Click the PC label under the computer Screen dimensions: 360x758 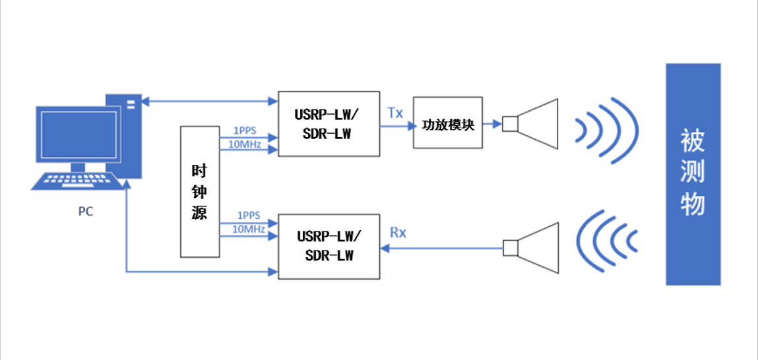pyautogui.click(x=85, y=212)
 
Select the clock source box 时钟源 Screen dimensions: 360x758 pyautogui.click(x=199, y=191)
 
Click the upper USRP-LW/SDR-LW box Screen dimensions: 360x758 pyautogui.click(x=329, y=124)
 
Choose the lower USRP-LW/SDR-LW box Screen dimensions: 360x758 pyautogui.click(x=329, y=246)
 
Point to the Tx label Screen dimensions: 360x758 pyautogui.click(x=395, y=113)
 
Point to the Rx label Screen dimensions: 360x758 pyautogui.click(x=398, y=233)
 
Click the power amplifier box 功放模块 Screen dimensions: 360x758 pyautogui.click(x=448, y=123)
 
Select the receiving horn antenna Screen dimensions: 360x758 pyautogui.click(x=534, y=247)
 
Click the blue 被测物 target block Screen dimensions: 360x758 pyautogui.click(x=693, y=174)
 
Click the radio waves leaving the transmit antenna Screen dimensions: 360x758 pyautogui.click(x=607, y=129)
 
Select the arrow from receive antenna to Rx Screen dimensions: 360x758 pyautogui.click(x=442, y=248)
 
